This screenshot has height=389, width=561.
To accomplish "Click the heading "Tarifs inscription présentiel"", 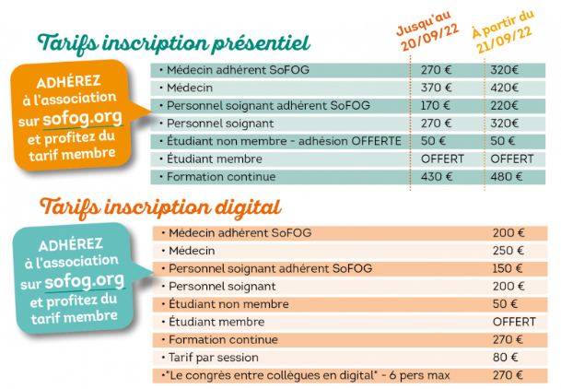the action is [x=173, y=44].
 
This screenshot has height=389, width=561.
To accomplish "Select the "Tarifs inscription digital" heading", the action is [x=160, y=207].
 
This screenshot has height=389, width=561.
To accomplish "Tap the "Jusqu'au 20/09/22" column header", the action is [x=427, y=31].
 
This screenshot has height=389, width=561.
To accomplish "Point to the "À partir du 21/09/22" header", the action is [x=504, y=31].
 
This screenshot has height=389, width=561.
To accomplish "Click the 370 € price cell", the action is [x=436, y=88].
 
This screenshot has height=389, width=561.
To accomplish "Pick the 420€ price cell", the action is [x=504, y=88].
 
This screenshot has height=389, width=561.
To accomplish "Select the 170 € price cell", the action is [x=436, y=106].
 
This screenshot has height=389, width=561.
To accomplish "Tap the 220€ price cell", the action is [x=504, y=106].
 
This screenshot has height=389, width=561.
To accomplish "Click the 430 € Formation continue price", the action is [x=437, y=177].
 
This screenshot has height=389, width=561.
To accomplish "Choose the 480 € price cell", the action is [x=507, y=177].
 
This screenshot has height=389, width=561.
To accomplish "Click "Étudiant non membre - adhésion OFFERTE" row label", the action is [x=284, y=141].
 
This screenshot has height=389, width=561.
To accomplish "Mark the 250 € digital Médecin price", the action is [x=508, y=251].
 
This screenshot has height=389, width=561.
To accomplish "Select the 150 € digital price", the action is [x=508, y=268].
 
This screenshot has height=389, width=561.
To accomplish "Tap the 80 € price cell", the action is [x=505, y=358].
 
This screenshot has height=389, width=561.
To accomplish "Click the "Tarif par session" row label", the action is [x=214, y=358].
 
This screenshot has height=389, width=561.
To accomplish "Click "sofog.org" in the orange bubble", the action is [x=83, y=117].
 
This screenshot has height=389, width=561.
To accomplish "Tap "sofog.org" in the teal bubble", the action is [x=85, y=280].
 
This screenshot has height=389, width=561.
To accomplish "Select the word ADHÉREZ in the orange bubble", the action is [x=68, y=82].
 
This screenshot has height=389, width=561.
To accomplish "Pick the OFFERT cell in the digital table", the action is [x=514, y=322].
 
